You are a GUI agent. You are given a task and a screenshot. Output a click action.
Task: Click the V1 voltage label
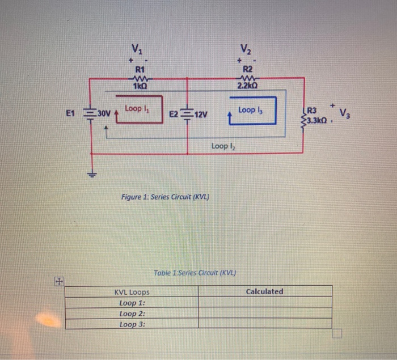(136, 48)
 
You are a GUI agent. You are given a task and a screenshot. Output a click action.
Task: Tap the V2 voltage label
(246, 48)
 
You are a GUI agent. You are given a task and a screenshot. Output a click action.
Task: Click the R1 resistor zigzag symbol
(138, 78)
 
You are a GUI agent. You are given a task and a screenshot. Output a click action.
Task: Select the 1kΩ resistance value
(139, 86)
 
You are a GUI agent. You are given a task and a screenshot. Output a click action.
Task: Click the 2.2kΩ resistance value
(248, 86)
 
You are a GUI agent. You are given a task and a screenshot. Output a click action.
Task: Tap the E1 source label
(70, 113)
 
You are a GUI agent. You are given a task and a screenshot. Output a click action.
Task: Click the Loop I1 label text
(134, 108)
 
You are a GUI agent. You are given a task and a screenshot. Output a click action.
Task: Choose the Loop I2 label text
(223, 146)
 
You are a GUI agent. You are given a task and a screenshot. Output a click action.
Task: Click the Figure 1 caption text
(166, 197)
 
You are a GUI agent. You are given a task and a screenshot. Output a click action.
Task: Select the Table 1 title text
(195, 273)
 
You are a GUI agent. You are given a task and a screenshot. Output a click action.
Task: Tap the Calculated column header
(264, 291)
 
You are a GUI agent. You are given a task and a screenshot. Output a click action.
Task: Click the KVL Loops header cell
(132, 292)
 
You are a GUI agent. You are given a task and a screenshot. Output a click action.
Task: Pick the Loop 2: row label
(132, 314)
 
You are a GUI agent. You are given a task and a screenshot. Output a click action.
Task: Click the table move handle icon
(58, 280)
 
